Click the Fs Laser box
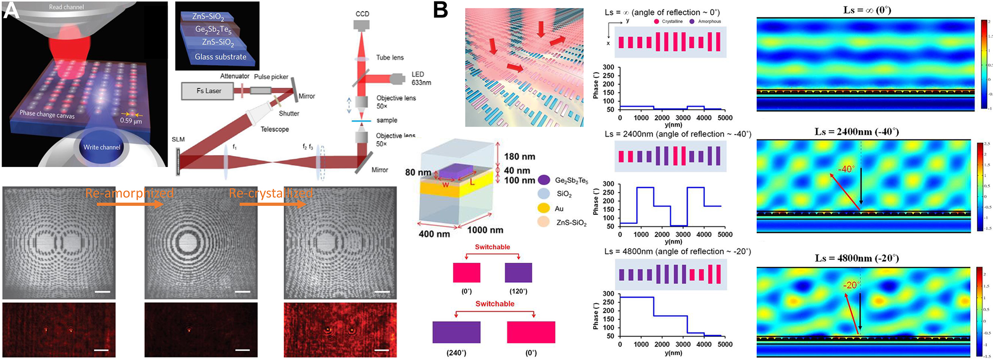pos(208,91)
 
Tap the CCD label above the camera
pos(362,14)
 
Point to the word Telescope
pos(274,129)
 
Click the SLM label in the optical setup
pos(178,140)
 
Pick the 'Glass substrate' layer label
pos(220,57)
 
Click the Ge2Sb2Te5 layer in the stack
pos(213,29)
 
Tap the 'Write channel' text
pos(102,147)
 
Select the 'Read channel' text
pos(66,7)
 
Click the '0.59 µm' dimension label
pos(131,121)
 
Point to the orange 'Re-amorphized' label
pos(130,193)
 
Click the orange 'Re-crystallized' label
pos(271,193)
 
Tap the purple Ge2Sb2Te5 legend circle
pos(544,180)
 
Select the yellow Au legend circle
pos(544,208)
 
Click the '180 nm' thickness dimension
pos(519,157)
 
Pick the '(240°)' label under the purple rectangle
pos(456,353)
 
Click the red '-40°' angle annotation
pos(846,169)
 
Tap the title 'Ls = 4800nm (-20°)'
pos(856,258)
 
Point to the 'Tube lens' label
pos(390,58)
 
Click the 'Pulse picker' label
pos(271,77)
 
